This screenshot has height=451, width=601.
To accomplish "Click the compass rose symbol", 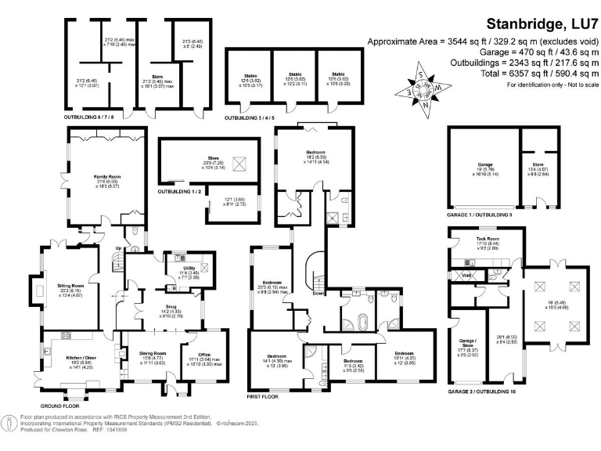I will (421, 89).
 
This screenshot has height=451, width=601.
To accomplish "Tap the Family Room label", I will (104, 178).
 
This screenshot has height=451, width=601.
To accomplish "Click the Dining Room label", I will (153, 354).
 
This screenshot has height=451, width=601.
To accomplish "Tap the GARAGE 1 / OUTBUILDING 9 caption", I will (479, 214).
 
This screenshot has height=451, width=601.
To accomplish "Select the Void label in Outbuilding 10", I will (466, 275).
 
